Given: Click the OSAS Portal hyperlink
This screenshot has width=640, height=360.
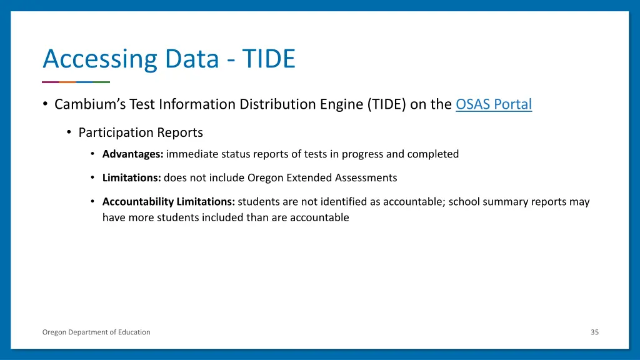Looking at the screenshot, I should point(494,104).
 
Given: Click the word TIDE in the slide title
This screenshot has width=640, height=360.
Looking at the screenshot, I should point(269,59).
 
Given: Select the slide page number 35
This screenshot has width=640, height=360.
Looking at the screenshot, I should point(594,332).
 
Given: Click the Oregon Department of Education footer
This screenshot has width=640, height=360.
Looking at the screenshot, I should point(96,332).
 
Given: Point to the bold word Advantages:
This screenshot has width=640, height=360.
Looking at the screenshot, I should point(132,154).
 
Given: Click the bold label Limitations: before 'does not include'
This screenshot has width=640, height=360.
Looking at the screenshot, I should point(132,177).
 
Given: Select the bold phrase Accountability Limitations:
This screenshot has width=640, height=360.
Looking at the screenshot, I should point(169,202).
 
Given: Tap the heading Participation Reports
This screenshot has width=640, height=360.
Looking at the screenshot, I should point(141,132).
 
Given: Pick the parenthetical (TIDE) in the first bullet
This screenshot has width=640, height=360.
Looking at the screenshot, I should point(387,104).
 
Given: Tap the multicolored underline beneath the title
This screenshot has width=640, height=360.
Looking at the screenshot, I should point(76,82).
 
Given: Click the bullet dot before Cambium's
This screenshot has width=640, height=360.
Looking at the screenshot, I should point(46,104).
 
